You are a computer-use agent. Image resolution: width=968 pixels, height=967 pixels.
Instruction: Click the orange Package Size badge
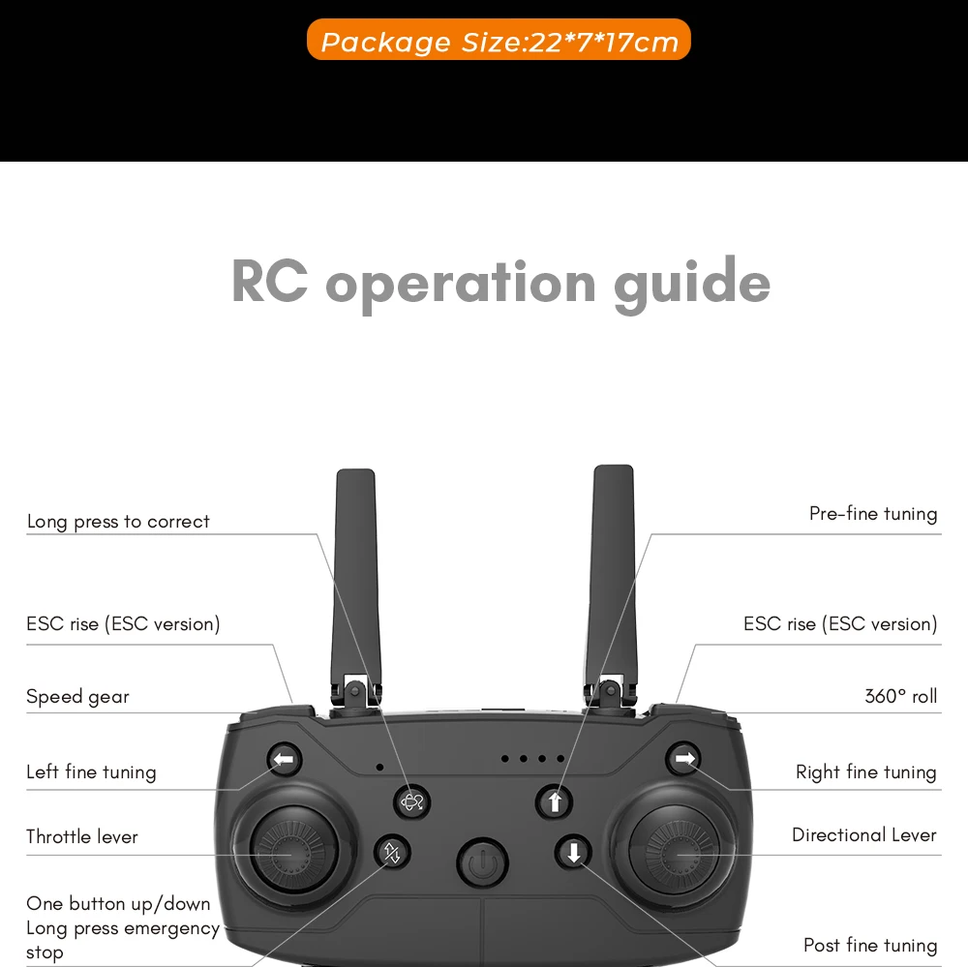tap(499, 41)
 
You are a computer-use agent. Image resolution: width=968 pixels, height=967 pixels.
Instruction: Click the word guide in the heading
tap(692, 283)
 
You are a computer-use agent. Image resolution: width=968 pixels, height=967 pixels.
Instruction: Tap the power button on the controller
tap(482, 861)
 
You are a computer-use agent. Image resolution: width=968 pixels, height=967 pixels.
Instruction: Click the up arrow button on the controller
tap(555, 801)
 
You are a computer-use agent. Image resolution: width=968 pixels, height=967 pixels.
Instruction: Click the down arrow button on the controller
tap(573, 853)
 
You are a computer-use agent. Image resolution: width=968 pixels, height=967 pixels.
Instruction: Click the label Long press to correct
tap(118, 522)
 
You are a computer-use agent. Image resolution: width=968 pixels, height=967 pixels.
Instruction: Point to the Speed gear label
tap(77, 697)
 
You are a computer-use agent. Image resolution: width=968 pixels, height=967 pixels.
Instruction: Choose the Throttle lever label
tap(82, 836)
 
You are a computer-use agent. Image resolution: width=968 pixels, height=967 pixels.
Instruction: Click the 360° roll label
tap(900, 696)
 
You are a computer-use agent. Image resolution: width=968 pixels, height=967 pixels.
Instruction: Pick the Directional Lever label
tap(863, 834)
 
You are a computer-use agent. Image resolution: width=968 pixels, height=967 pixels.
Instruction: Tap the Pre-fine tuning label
tap(872, 514)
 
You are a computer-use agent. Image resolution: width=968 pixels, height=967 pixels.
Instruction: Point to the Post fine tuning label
tap(869, 946)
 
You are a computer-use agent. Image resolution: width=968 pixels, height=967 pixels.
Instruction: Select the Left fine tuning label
tap(91, 772)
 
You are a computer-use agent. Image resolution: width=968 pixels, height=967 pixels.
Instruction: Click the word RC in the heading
tap(269, 283)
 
